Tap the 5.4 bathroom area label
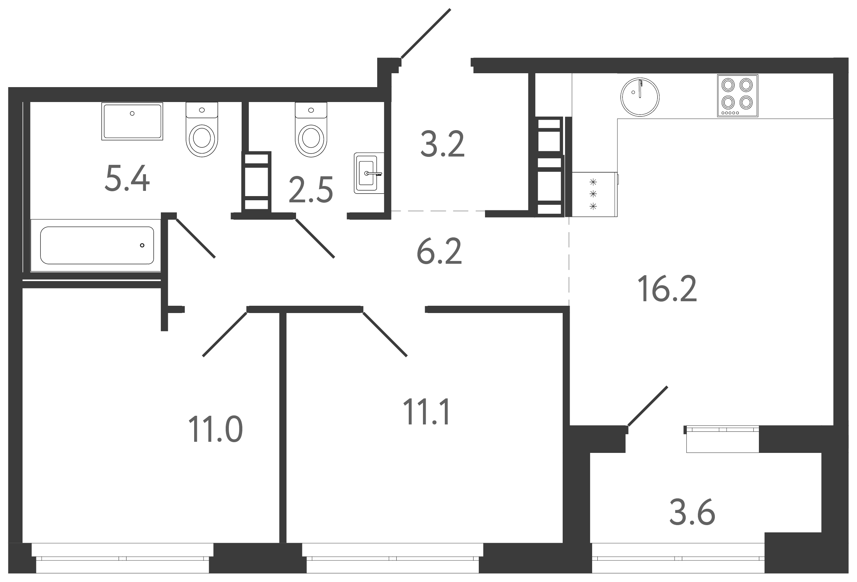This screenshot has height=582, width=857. pos(127,179)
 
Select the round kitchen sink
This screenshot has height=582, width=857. pos(640,96)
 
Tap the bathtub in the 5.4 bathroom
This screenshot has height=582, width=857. pos(97,245)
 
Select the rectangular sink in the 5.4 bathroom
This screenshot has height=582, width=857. pos(132,121)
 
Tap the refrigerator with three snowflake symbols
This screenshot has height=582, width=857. pos(594,194)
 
